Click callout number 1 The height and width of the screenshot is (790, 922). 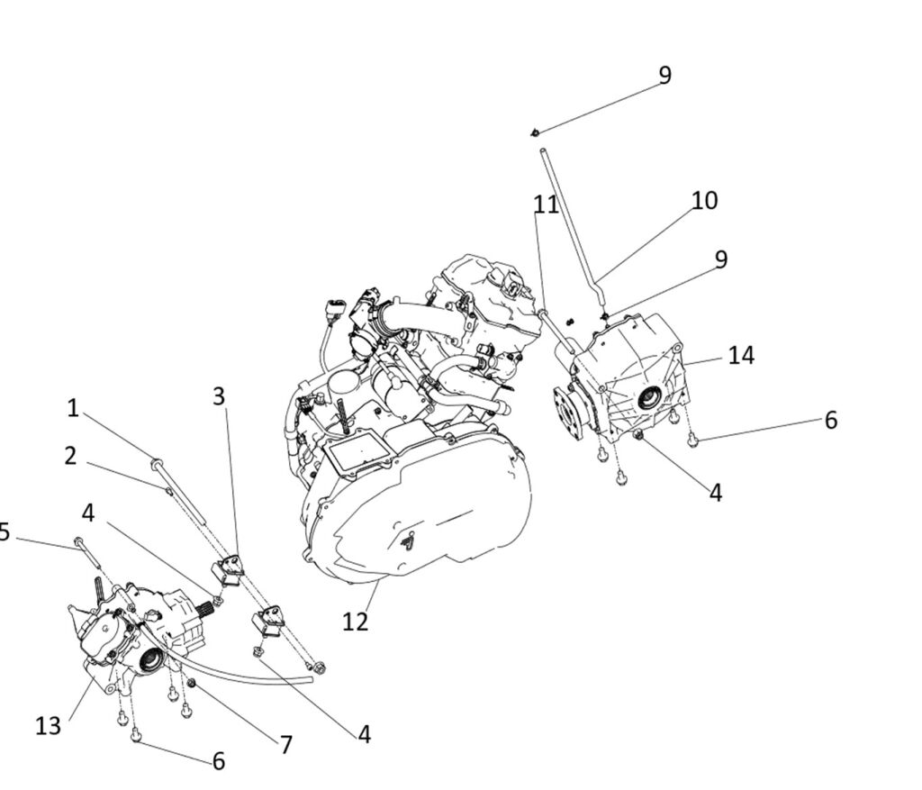click(x=73, y=408)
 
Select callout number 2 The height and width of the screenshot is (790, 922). click(x=70, y=456)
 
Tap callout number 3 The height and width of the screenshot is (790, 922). click(x=219, y=396)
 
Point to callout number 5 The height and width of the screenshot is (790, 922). click(x=5, y=531)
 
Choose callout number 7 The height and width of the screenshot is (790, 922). click(x=285, y=745)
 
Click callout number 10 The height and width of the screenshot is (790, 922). click(x=704, y=200)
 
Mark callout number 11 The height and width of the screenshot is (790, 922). click(x=546, y=205)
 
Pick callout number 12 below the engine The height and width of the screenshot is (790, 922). click(x=356, y=621)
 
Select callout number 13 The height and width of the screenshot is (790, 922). click(x=49, y=724)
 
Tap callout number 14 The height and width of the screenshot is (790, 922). click(x=741, y=355)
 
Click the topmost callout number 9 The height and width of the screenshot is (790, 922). click(x=664, y=75)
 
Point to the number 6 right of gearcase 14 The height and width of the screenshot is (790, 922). click(x=830, y=420)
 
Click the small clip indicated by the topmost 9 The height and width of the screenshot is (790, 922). click(x=536, y=133)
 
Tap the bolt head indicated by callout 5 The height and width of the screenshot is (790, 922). click(x=79, y=541)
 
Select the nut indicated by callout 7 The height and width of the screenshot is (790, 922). click(x=191, y=684)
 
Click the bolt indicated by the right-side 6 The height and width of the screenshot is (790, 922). click(x=692, y=440)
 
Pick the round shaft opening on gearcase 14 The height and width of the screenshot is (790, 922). click(x=648, y=400)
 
